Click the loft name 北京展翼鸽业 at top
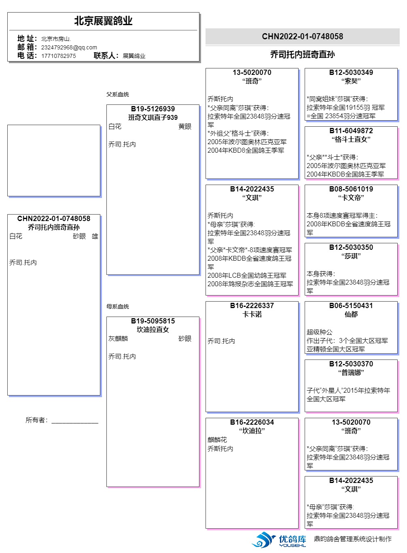(x=103, y=21)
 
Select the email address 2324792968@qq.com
(x=69, y=47)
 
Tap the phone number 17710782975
(x=58, y=56)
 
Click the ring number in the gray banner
(x=302, y=36)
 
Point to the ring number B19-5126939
(x=153, y=109)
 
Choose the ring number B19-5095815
(x=153, y=321)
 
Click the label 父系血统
(x=118, y=94)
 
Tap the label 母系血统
(x=118, y=306)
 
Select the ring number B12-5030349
(x=351, y=72)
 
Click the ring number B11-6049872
(x=351, y=131)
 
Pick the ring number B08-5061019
(x=351, y=189)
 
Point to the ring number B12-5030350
(x=351, y=247)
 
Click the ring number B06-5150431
(x=351, y=306)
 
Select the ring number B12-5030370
(x=351, y=364)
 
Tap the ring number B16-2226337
(x=252, y=306)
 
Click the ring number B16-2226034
(x=252, y=422)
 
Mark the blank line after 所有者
(x=75, y=421)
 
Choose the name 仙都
(x=351, y=314)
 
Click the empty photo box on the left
(x=54, y=160)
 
